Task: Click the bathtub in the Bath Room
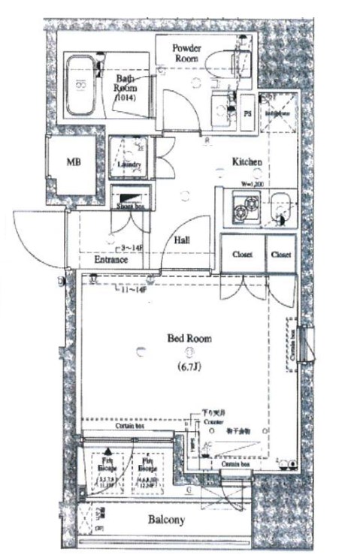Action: pyautogui.click(x=84, y=86)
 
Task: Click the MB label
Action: pyautogui.click(x=74, y=161)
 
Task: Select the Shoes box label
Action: pyautogui.click(x=131, y=204)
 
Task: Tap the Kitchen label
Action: pyautogui.click(x=246, y=161)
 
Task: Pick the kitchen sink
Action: pyautogui.click(x=280, y=207)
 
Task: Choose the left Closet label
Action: pyautogui.click(x=241, y=255)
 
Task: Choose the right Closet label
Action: pyautogui.click(x=281, y=255)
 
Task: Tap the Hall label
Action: pyautogui.click(x=183, y=240)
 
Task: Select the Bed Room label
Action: pyautogui.click(x=189, y=338)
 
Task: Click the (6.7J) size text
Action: pyautogui.click(x=189, y=367)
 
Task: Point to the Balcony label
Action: pyautogui.click(x=167, y=520)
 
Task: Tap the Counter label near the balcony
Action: pyautogui.click(x=214, y=423)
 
